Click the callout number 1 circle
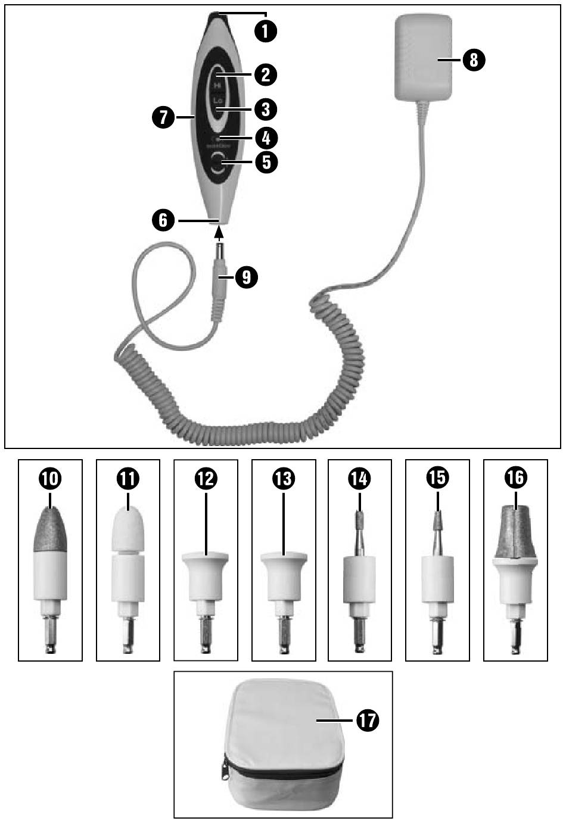pyautogui.click(x=265, y=30)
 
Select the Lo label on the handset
pyautogui.click(x=217, y=102)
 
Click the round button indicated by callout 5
pyautogui.click(x=218, y=163)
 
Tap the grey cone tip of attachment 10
pyautogui.click(x=50, y=527)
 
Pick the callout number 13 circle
pyautogui.click(x=282, y=478)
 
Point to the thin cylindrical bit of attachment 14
pyautogui.click(x=359, y=518)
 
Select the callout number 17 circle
pyautogui.click(x=368, y=721)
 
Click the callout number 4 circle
pyautogui.click(x=266, y=138)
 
